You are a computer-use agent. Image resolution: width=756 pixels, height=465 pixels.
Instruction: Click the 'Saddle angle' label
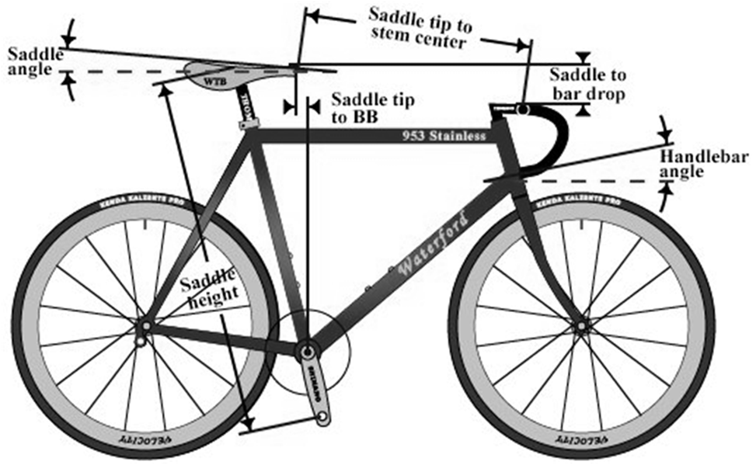30,61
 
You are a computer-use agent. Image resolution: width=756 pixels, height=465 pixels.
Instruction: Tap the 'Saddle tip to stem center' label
420,26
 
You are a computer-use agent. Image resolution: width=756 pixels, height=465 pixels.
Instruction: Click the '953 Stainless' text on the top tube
444,136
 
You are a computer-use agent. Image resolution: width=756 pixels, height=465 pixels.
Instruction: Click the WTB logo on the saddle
214,80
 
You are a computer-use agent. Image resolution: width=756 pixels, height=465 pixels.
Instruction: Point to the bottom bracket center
305,349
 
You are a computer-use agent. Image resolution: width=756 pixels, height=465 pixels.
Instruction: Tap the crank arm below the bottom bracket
315,388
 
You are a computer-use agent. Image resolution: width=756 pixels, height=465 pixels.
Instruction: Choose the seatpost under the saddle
246,105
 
